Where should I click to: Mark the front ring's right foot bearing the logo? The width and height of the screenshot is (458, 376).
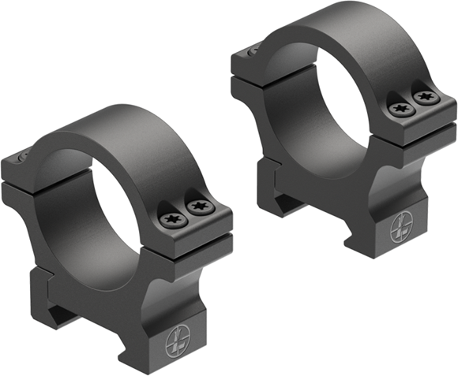tap(178, 331)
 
